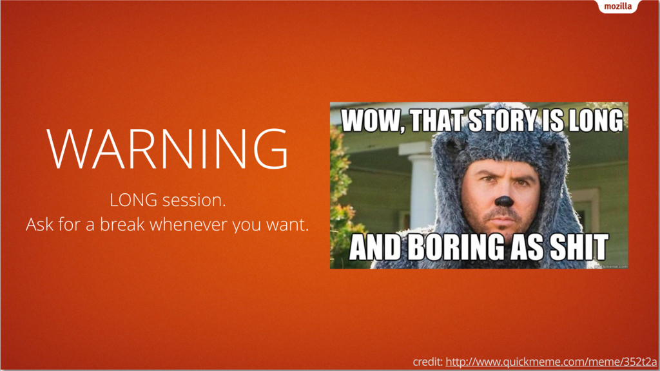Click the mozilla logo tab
click(x=618, y=6)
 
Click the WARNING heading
click(x=168, y=149)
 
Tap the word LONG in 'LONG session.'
click(x=133, y=200)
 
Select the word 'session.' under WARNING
click(x=194, y=200)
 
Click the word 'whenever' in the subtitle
click(x=189, y=224)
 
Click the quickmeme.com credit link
click(x=552, y=362)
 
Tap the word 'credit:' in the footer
click(x=428, y=362)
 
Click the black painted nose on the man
click(x=503, y=201)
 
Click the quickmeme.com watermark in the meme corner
click(x=611, y=266)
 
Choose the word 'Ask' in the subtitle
click(x=39, y=224)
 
